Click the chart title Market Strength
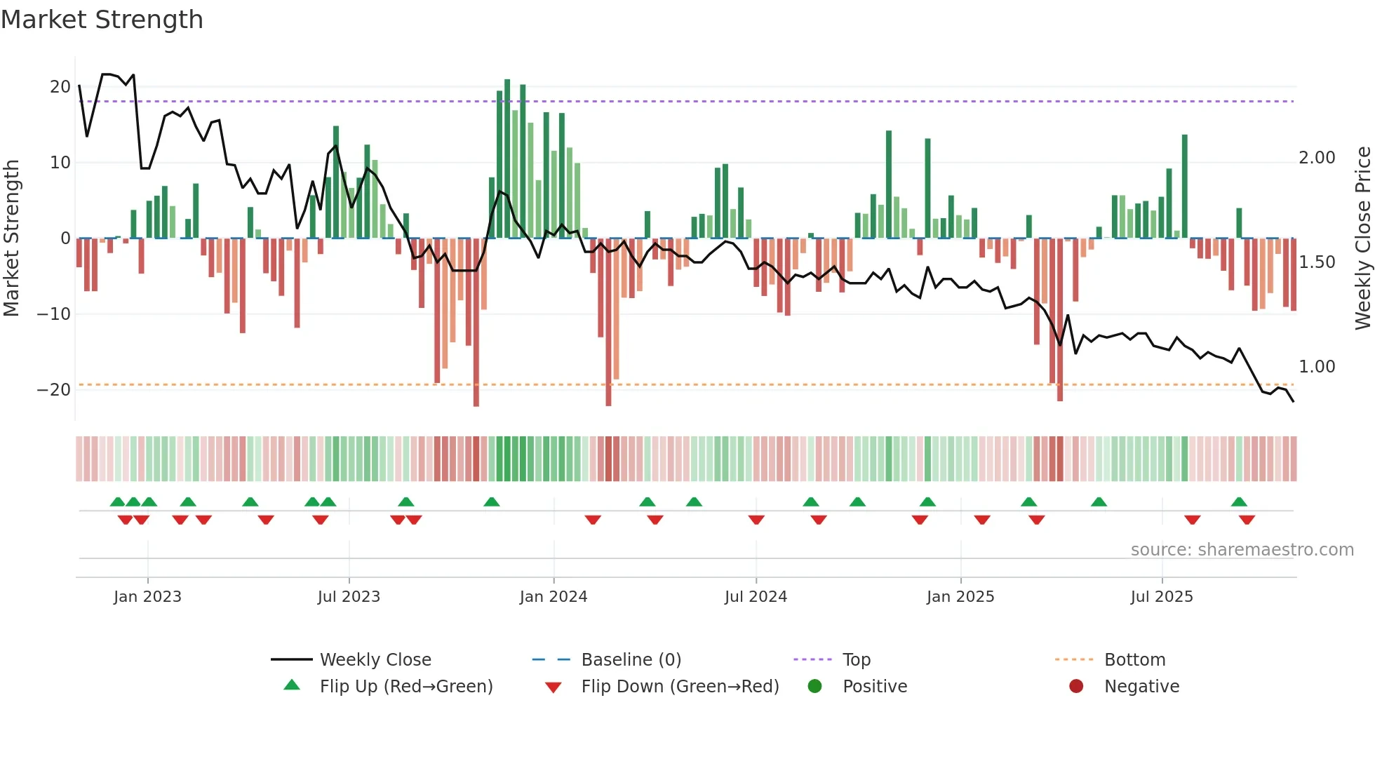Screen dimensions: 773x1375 click(x=102, y=20)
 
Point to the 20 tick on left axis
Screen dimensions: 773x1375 click(x=60, y=87)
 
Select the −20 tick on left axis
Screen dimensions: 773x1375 click(x=54, y=390)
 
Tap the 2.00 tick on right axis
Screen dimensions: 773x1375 click(x=1317, y=158)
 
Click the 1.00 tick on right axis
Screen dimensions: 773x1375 click(x=1317, y=367)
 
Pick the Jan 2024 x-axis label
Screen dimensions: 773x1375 click(x=553, y=597)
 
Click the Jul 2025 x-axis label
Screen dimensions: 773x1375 click(x=1161, y=597)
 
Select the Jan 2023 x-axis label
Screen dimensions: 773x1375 click(x=147, y=597)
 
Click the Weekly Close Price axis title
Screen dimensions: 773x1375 click(x=1362, y=238)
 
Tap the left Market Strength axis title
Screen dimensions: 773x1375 click(x=11, y=238)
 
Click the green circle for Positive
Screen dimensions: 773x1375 click(x=814, y=687)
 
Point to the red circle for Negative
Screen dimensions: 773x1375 click(x=1076, y=687)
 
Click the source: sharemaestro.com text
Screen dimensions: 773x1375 click(x=1242, y=550)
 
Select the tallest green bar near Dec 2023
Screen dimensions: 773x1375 click(x=507, y=159)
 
